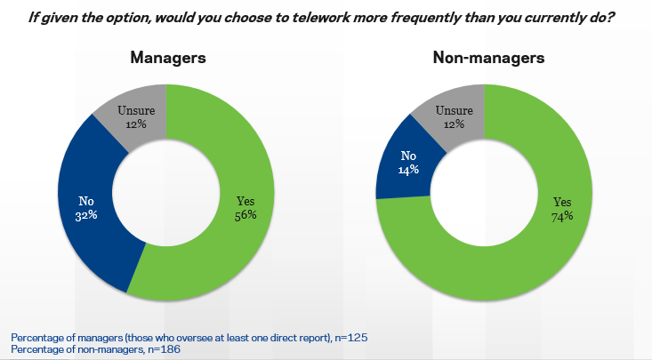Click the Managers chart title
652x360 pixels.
click(x=168, y=58)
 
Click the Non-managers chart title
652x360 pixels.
click(x=488, y=58)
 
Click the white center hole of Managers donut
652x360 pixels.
click(x=167, y=194)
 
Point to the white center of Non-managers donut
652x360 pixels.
click(x=485, y=194)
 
